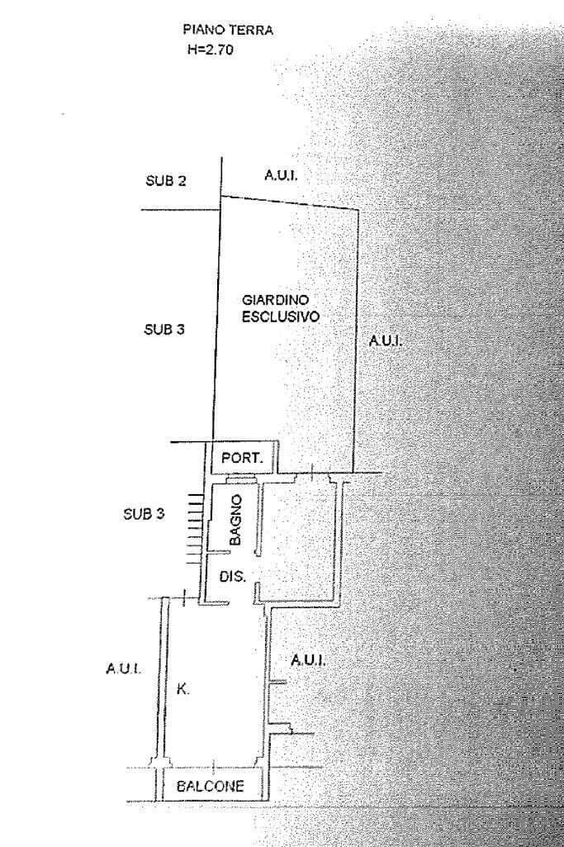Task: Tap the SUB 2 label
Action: [x=165, y=182]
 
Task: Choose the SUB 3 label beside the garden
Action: [x=165, y=329]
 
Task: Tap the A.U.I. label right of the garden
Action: [x=383, y=340]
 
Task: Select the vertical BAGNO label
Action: [x=235, y=519]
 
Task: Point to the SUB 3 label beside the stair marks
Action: [x=144, y=513]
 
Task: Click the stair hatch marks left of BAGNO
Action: [x=196, y=528]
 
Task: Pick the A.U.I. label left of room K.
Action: [x=122, y=668]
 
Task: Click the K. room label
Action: [x=182, y=688]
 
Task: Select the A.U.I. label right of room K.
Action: [x=308, y=660]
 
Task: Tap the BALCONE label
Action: [x=212, y=786]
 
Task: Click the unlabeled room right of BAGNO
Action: [x=302, y=537]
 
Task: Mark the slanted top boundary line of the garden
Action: [x=289, y=202]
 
